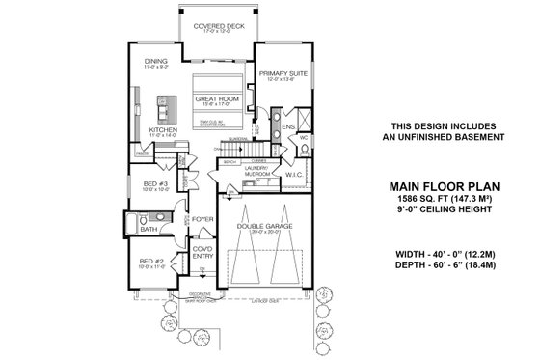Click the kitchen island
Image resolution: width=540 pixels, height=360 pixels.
(156, 103)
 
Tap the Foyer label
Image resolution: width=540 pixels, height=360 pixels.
(202, 218)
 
